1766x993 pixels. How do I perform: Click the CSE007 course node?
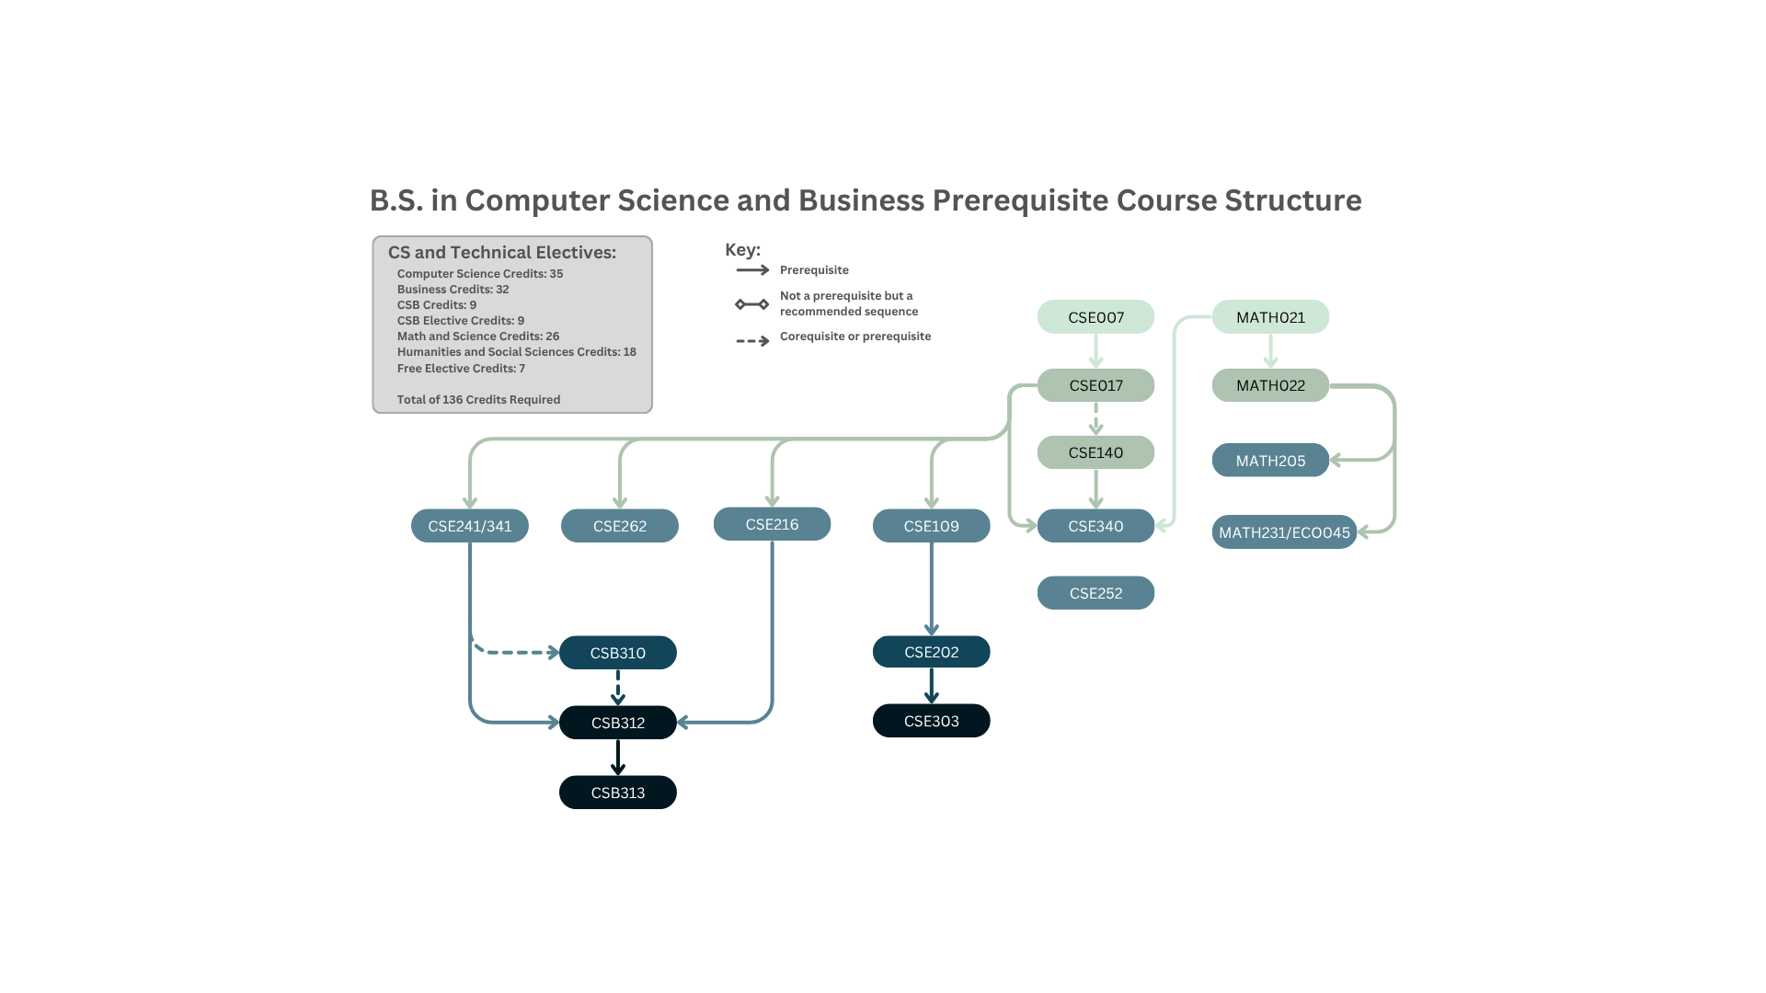tap(1095, 317)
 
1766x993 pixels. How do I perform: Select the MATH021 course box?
tap(1270, 317)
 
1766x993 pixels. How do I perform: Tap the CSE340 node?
tap(1095, 526)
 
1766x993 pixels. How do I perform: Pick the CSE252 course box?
tap(1095, 593)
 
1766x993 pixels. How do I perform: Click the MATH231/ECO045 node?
tap(1284, 532)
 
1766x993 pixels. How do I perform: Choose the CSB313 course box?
tap(618, 793)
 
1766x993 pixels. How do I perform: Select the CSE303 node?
tap(931, 721)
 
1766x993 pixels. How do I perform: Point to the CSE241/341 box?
tap(469, 526)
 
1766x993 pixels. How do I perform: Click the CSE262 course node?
tap(619, 526)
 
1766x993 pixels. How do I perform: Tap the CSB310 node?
tap(618, 653)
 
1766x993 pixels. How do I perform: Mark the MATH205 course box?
tap(1270, 461)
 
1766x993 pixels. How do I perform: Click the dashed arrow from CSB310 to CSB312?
tap(618, 687)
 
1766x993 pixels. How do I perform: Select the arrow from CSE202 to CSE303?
tap(931, 685)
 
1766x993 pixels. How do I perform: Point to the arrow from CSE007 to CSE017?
tap(1095, 350)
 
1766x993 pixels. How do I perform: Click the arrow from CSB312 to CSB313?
tap(618, 757)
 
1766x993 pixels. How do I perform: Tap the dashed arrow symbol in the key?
tap(752, 341)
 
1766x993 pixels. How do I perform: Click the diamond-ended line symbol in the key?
tap(752, 304)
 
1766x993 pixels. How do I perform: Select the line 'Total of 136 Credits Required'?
tap(478, 400)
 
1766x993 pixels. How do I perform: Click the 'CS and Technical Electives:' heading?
tap(502, 253)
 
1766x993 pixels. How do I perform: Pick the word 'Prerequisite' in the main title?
tap(1019, 200)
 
